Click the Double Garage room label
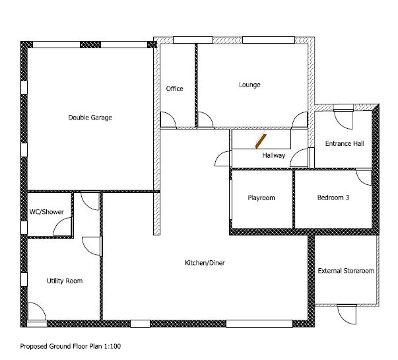click(x=90, y=118)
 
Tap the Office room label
click(x=174, y=89)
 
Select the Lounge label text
click(x=249, y=85)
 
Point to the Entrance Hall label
click(x=345, y=143)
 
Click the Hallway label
click(x=273, y=156)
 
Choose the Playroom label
click(x=261, y=198)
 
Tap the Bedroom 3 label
click(x=333, y=198)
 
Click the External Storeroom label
click(x=346, y=271)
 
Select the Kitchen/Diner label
click(x=205, y=263)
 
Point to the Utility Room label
click(x=65, y=281)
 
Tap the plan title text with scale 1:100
click(x=71, y=345)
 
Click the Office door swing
click(x=168, y=120)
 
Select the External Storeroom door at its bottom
click(x=345, y=313)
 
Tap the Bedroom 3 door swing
click(x=364, y=177)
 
